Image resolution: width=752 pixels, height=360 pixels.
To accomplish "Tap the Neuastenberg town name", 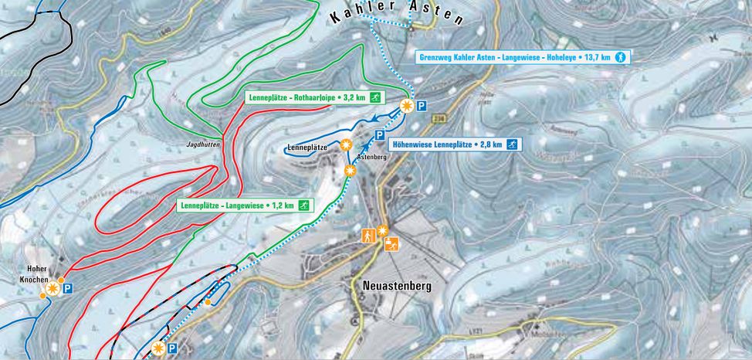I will coord(397,285).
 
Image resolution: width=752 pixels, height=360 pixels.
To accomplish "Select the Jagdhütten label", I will coord(204,144).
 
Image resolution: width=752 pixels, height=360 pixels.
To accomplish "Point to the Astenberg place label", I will coord(371,156).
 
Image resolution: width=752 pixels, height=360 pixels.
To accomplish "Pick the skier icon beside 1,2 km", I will coord(305,205).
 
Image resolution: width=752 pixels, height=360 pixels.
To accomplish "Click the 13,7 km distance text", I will coord(597,56).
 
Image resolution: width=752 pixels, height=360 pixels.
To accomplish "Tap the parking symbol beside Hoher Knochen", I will coord(68,289).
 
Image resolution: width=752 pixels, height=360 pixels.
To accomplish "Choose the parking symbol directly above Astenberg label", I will coord(380,135).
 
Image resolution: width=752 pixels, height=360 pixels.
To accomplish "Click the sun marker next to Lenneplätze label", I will coord(347,144).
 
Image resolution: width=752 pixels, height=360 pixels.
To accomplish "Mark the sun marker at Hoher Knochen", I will coord(53,289).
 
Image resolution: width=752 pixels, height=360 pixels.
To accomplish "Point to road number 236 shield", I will coord(439,117).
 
